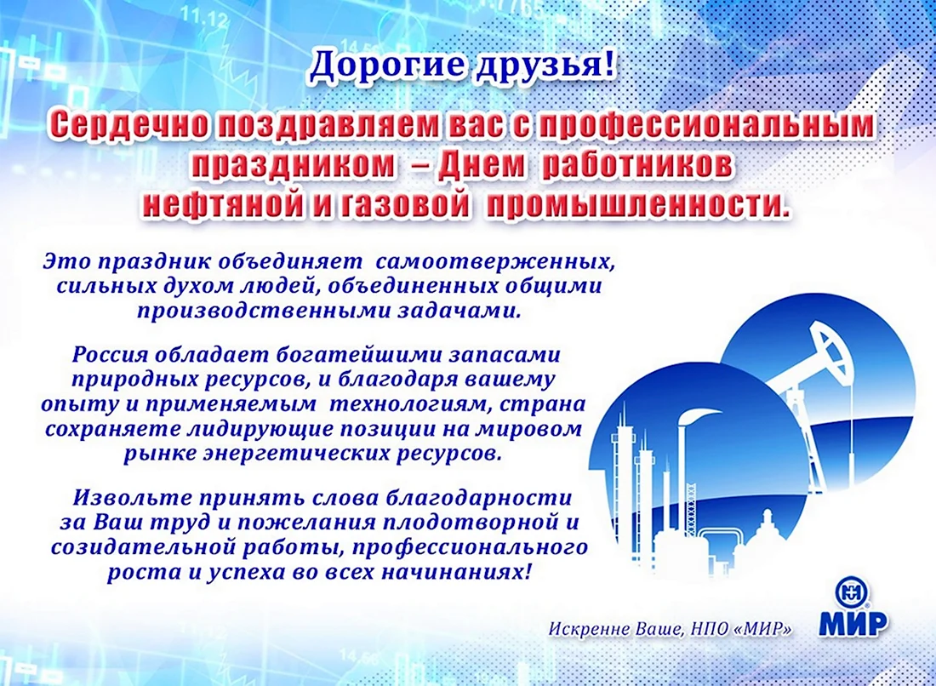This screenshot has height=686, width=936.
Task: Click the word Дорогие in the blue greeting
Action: coord(386,65)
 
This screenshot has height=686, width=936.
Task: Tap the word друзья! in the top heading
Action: coord(543,66)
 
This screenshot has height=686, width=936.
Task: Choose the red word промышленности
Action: coord(638,206)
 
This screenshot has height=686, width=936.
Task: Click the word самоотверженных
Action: coord(495,261)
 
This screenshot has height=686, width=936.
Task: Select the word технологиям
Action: coord(411,405)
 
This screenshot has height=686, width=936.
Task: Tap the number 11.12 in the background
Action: coord(206,19)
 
